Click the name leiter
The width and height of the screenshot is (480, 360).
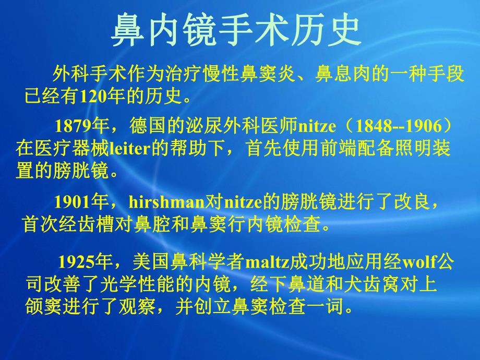(x=130, y=150)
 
